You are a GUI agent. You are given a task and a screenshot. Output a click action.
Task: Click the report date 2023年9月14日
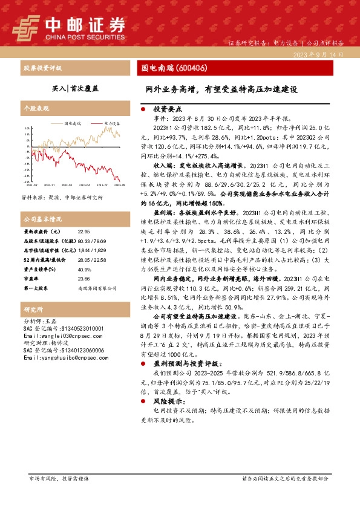tap(318, 54)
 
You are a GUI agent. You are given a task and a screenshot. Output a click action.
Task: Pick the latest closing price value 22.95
tap(83, 232)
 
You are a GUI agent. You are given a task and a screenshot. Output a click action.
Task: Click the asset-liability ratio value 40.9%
tap(84, 270)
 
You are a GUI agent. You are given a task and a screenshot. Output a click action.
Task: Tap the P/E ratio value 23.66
tap(83, 279)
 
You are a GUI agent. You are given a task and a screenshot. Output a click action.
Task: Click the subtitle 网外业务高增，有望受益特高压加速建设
tap(221, 88)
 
